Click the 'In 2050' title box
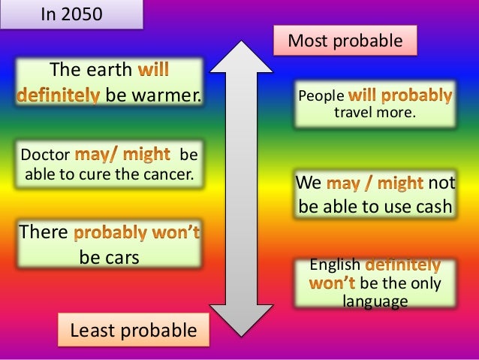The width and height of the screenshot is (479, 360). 71,14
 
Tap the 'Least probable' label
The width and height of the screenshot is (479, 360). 133,329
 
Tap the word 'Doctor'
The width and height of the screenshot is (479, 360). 44,156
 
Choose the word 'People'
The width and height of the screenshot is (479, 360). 321,97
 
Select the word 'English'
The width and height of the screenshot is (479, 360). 336,266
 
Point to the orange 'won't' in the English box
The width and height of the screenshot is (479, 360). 333,284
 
